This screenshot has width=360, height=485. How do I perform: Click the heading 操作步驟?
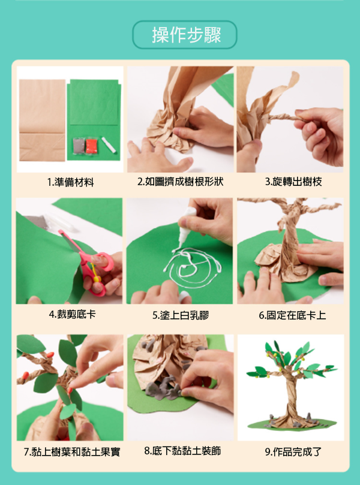coord(186,35)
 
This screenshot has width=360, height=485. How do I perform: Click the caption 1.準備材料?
coord(71,182)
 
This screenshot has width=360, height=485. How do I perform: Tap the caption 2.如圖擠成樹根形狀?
coord(180,182)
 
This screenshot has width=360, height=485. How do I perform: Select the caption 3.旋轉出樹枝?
coord(293,182)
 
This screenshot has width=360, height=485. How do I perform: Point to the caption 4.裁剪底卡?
coord(73,315)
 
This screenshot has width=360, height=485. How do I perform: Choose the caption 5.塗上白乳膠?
coord(181,315)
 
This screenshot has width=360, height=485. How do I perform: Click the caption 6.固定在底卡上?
coord(292,315)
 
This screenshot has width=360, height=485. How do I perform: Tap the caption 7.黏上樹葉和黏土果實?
coord(72,452)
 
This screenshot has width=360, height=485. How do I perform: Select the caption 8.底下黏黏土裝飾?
coord(182,451)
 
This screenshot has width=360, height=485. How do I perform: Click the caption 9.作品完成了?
coord(293,452)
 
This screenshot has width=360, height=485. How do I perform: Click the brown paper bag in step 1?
coord(42,121)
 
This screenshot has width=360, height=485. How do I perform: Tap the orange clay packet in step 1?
coord(92,146)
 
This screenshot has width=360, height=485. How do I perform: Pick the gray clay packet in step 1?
coord(79,146)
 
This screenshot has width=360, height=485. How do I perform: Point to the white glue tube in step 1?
coord(109,144)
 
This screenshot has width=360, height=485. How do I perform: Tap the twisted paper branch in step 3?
coord(286,118)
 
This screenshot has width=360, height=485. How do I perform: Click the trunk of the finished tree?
coord(290,396)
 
